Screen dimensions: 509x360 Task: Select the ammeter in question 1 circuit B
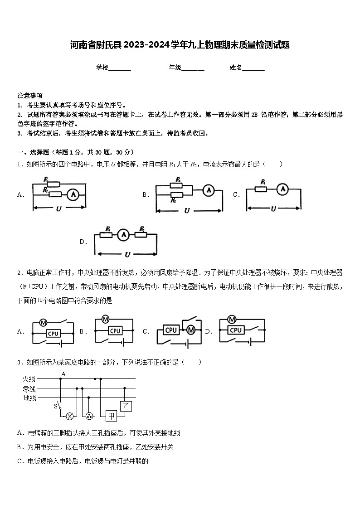tap(208, 190)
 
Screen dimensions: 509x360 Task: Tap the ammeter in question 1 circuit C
tap(282, 189)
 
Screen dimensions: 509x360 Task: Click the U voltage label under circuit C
tap(273, 209)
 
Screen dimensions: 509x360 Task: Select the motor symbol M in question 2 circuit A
tap(44, 323)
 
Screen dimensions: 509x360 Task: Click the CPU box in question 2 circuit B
tap(115, 331)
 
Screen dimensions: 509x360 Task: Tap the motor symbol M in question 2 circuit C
tap(190, 330)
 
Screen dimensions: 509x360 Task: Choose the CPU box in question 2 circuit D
tap(235, 330)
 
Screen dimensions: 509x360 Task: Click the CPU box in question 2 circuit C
tap(171, 330)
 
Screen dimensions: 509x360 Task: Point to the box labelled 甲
tap(112, 416)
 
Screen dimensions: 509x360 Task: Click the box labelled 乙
tap(126, 406)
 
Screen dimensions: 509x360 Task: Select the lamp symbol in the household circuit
tap(70, 416)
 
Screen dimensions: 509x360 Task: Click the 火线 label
tap(29, 378)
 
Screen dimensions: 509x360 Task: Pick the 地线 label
tap(29, 398)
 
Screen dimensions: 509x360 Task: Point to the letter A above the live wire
tap(63, 374)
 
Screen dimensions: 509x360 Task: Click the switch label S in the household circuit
tap(56, 406)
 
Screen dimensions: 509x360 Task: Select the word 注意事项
tap(30, 96)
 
